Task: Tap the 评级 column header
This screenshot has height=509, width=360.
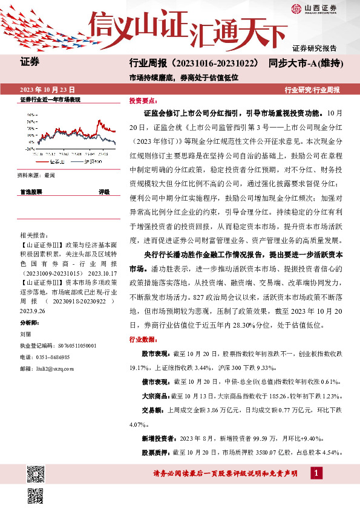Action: pyautogui.click(x=103, y=192)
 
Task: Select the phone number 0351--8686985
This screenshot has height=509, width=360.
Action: pyautogui.click(x=52, y=357)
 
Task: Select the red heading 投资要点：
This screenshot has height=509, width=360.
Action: pyautogui.click(x=143, y=102)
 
